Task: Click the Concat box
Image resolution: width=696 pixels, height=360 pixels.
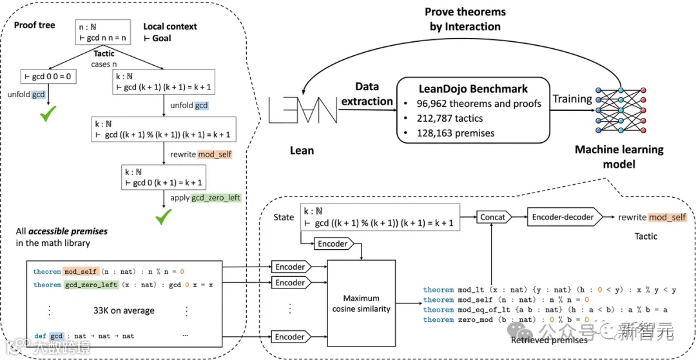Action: (492, 217)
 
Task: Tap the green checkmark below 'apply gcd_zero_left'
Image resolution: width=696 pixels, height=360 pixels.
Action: (163, 220)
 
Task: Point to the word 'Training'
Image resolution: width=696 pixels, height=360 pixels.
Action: (572, 99)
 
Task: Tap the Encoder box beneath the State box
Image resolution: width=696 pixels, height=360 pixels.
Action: (333, 243)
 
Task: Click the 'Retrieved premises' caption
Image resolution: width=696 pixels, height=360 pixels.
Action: (549, 339)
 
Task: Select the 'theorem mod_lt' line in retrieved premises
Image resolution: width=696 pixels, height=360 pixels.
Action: (550, 290)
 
